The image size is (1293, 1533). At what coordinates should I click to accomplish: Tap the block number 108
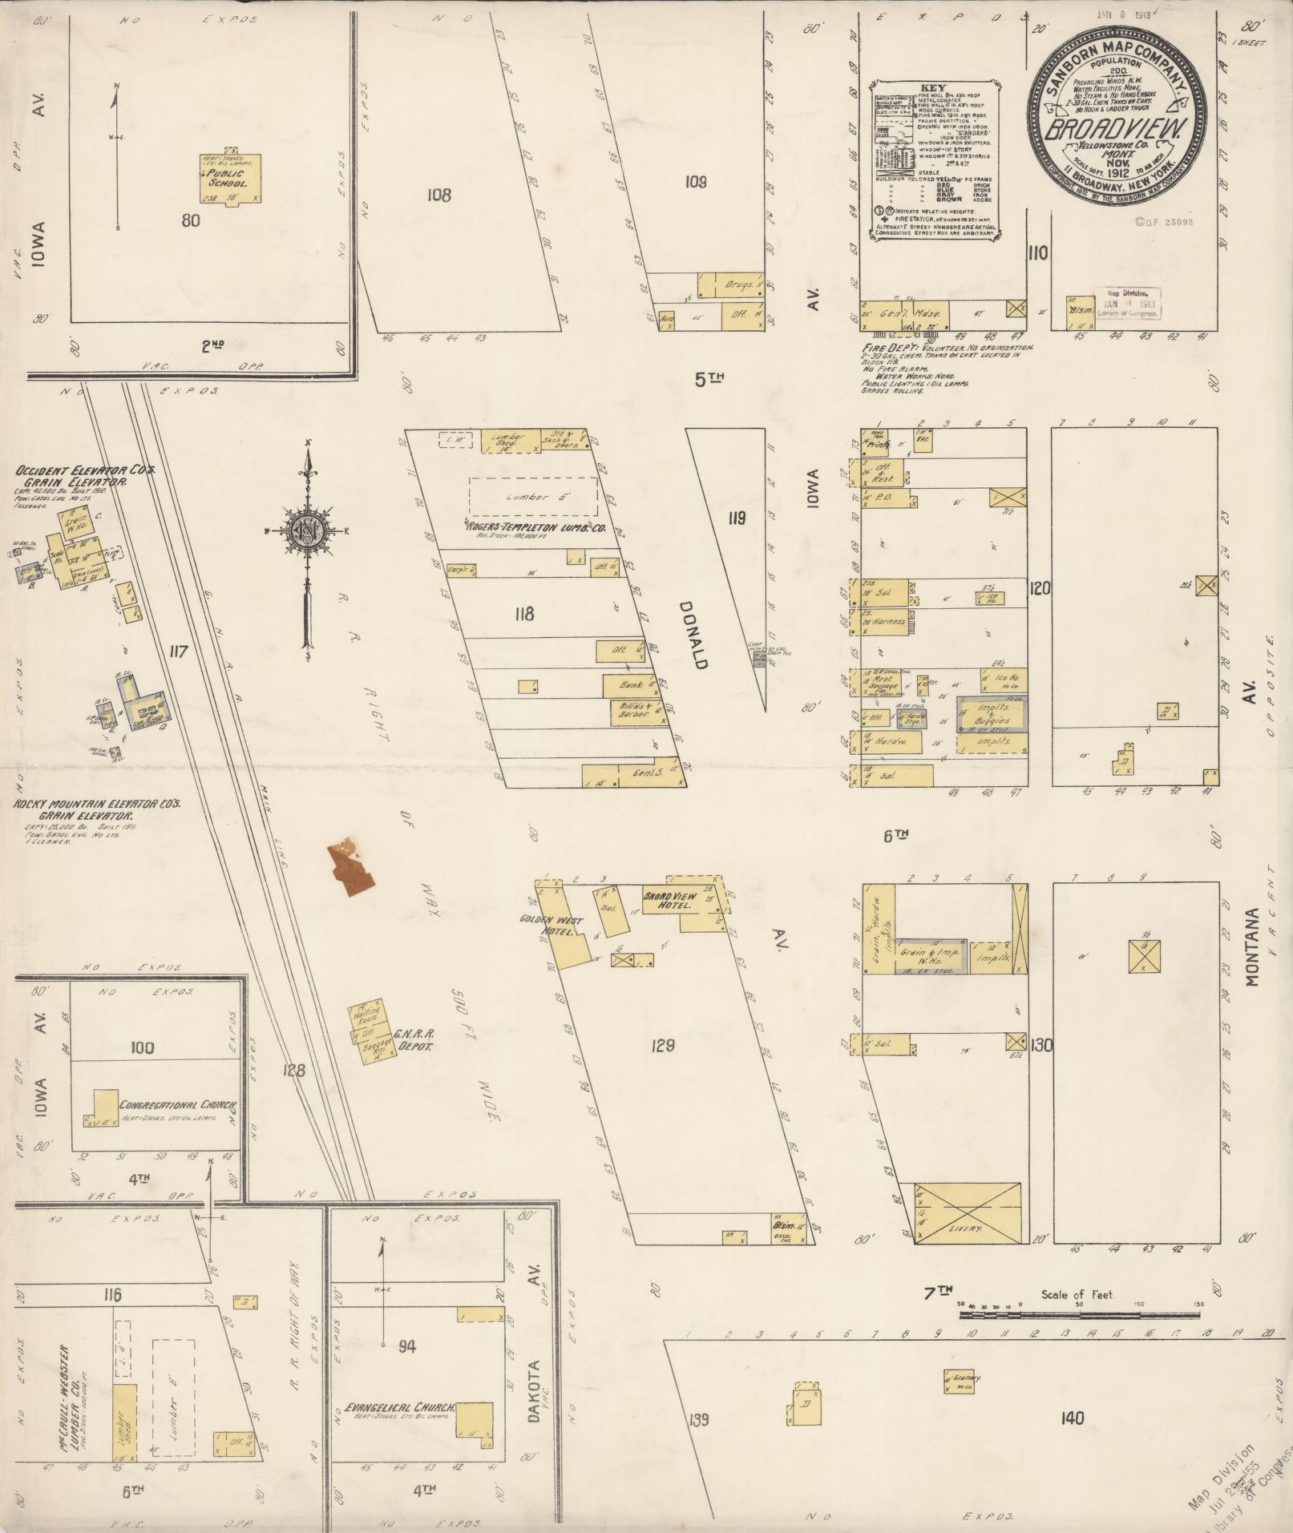click(439, 194)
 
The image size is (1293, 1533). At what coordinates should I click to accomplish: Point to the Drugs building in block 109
click(731, 285)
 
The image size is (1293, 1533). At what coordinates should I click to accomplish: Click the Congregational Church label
click(178, 1106)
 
